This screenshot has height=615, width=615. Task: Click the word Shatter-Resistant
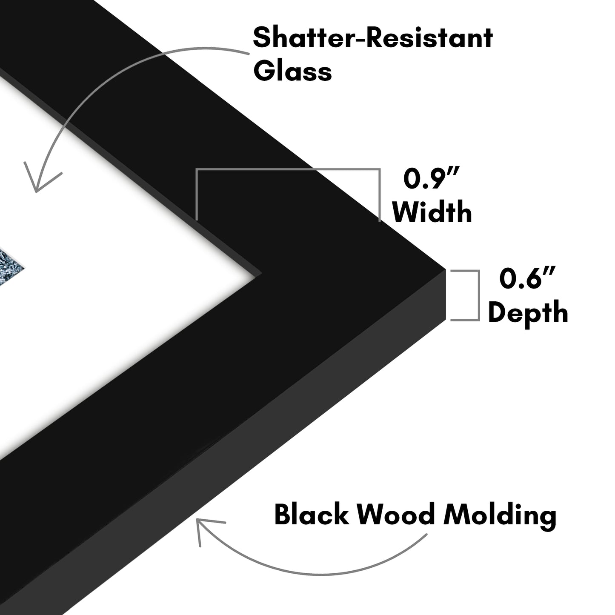click(373, 38)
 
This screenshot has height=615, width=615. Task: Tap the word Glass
click(292, 71)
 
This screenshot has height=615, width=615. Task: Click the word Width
click(432, 212)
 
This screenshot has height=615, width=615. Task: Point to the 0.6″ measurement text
click(527, 278)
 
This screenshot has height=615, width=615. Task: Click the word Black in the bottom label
click(312, 515)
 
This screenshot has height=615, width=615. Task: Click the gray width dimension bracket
click(288, 169)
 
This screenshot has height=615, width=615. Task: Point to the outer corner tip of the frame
click(445, 270)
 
